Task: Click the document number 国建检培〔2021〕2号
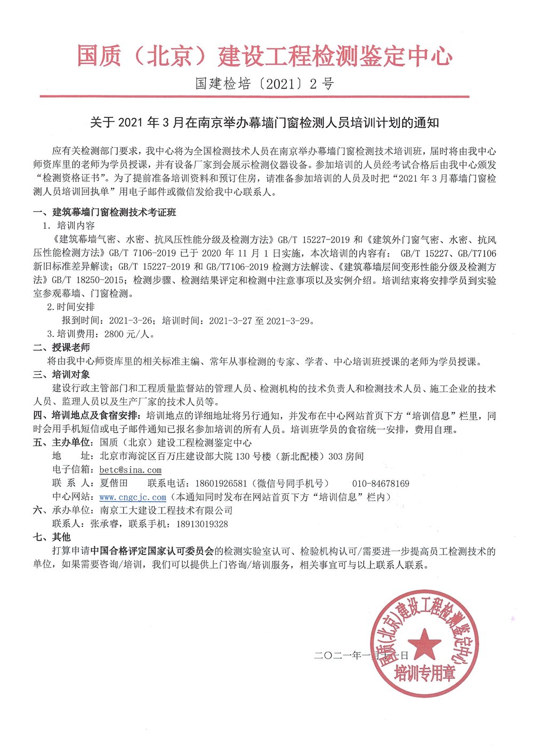click(265, 84)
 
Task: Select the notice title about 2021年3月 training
click(264, 123)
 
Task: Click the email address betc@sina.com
click(131, 470)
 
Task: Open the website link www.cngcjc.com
click(133, 497)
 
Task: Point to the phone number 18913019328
click(198, 524)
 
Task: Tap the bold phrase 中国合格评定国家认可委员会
click(152, 551)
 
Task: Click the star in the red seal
click(424, 643)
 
